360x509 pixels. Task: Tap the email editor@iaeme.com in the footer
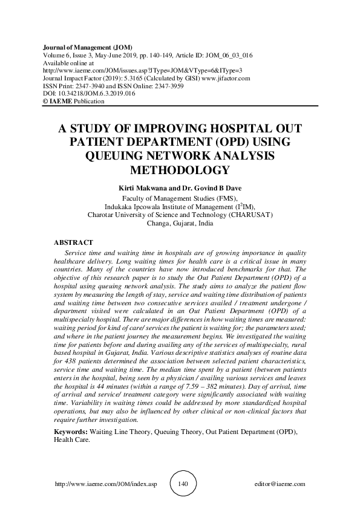tap(280, 484)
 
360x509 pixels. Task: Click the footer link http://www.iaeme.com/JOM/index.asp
tap(106, 484)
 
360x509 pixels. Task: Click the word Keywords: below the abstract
tap(71, 432)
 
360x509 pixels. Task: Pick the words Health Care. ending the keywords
tap(72, 441)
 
